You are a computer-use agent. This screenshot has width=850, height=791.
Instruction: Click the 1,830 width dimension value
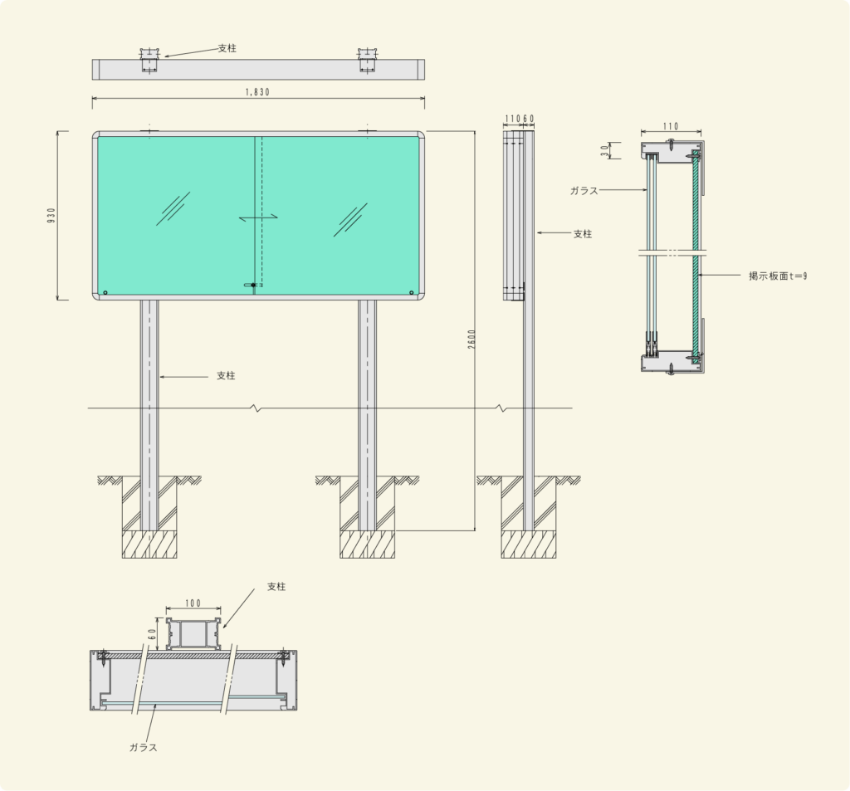pyautogui.click(x=257, y=92)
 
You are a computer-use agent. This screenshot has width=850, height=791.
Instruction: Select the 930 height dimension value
pyautogui.click(x=51, y=215)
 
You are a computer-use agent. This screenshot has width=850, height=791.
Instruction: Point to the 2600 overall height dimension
pyautogui.click(x=471, y=339)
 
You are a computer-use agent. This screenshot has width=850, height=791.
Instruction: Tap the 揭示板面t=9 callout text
pyautogui.click(x=778, y=276)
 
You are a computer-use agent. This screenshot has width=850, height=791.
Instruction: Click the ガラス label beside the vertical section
pyautogui.click(x=584, y=191)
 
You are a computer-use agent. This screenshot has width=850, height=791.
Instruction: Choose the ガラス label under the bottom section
pyautogui.click(x=143, y=748)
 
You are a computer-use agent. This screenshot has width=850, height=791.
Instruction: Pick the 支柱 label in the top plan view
pyautogui.click(x=227, y=48)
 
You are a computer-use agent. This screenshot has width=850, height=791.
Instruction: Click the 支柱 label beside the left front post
pyautogui.click(x=226, y=376)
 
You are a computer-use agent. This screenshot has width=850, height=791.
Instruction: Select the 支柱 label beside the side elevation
pyautogui.click(x=583, y=234)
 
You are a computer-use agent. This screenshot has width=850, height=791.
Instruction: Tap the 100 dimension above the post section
pyautogui.click(x=193, y=603)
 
